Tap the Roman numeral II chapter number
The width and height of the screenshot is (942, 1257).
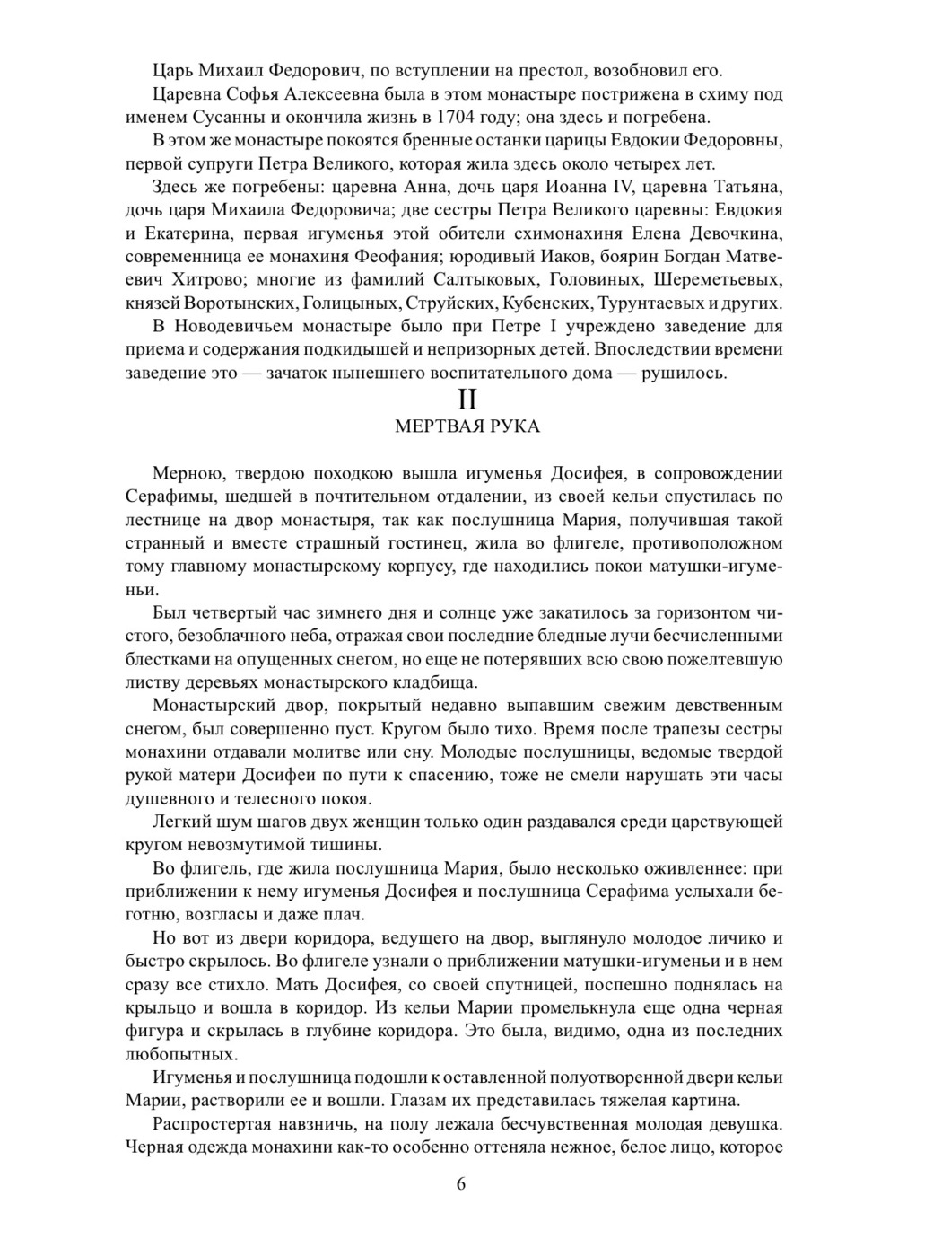(467, 400)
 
